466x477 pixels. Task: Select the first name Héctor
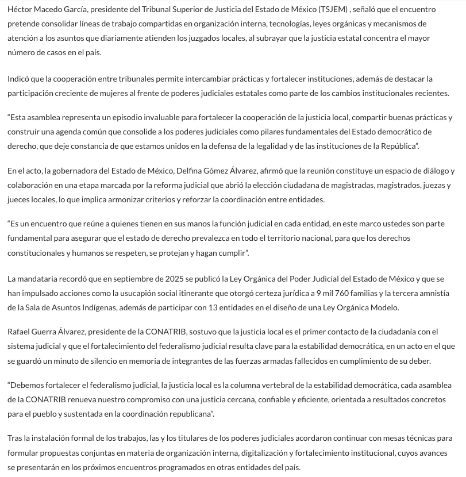point(20,10)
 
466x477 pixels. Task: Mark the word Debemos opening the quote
point(28,385)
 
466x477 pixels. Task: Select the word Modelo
point(384,307)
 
